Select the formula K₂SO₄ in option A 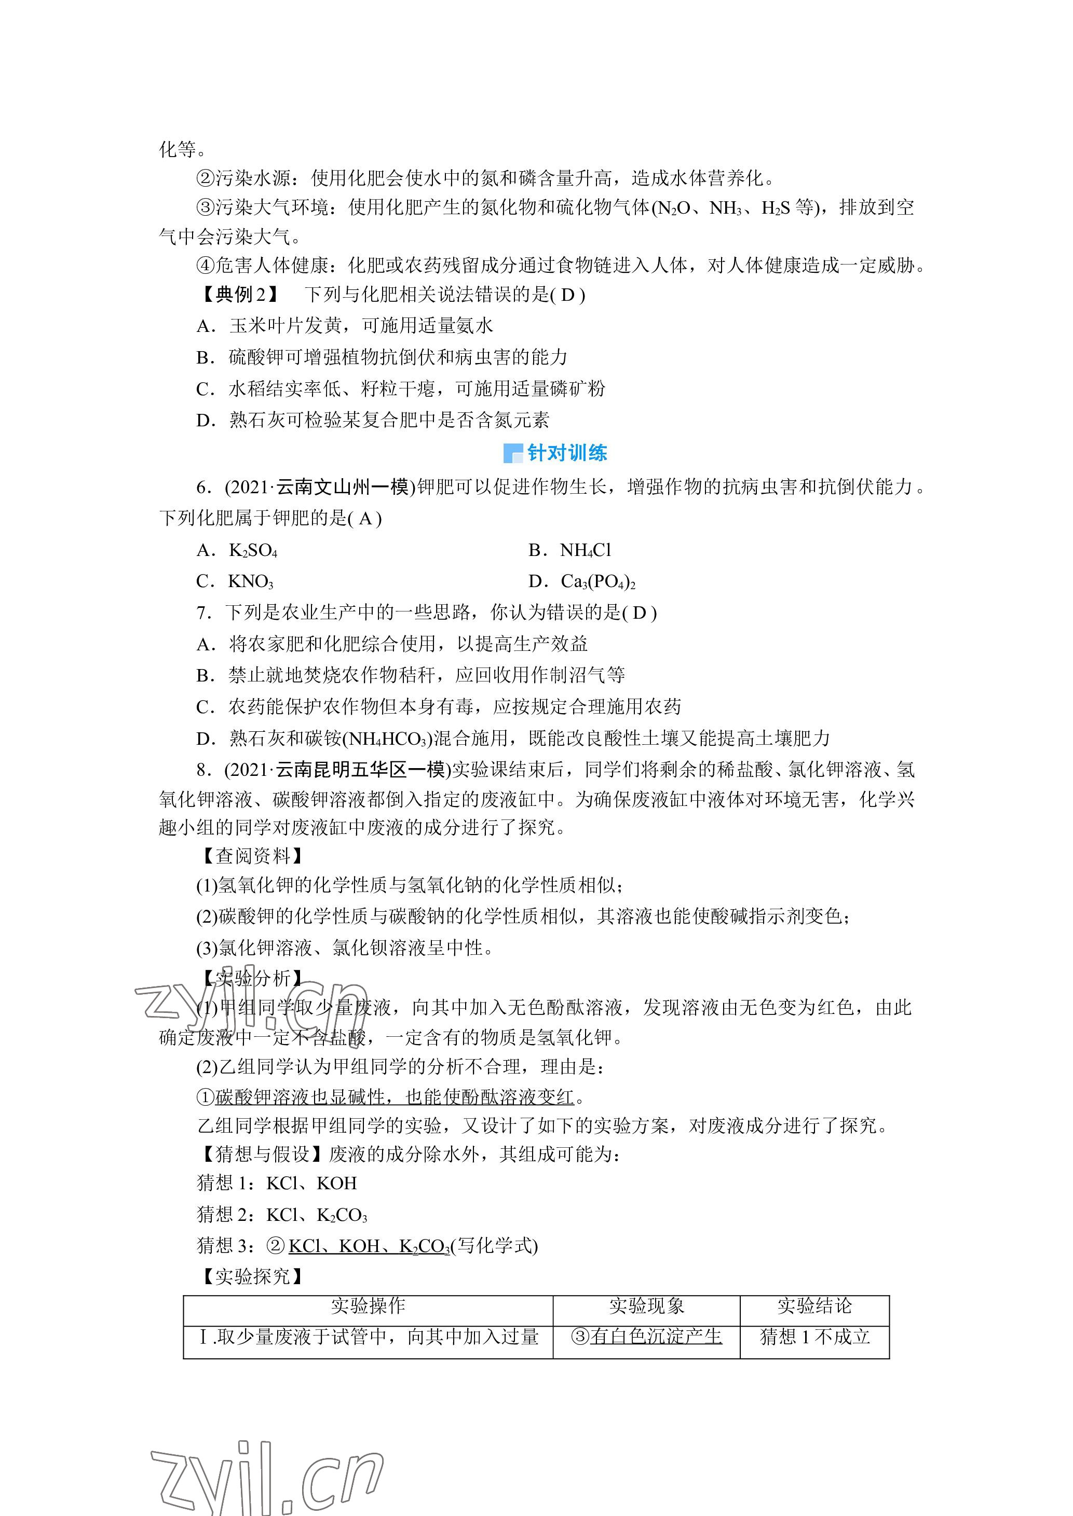tap(253, 551)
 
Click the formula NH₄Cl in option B tap(586, 551)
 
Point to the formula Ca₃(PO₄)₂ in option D tap(598, 582)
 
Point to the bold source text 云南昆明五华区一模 tap(361, 770)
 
